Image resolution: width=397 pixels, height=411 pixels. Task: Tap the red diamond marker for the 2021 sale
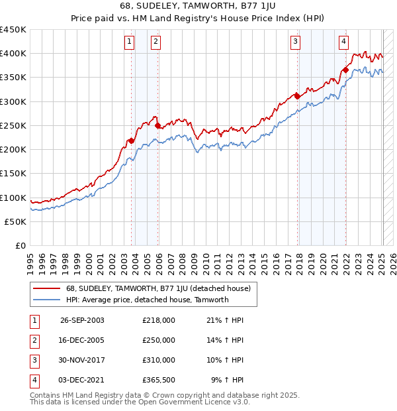pyautogui.click(x=345, y=70)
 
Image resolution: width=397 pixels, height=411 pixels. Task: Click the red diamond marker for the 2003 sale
pyautogui.click(x=131, y=141)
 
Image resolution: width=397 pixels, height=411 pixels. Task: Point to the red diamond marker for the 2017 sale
pyautogui.click(x=298, y=96)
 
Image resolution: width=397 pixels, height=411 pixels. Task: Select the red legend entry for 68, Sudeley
pyautogui.click(x=157, y=288)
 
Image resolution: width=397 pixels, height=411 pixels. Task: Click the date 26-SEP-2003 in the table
pyautogui.click(x=82, y=320)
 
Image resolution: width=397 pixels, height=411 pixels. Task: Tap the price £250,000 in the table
pyautogui.click(x=159, y=340)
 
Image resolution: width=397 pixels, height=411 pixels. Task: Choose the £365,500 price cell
pyautogui.click(x=159, y=380)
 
